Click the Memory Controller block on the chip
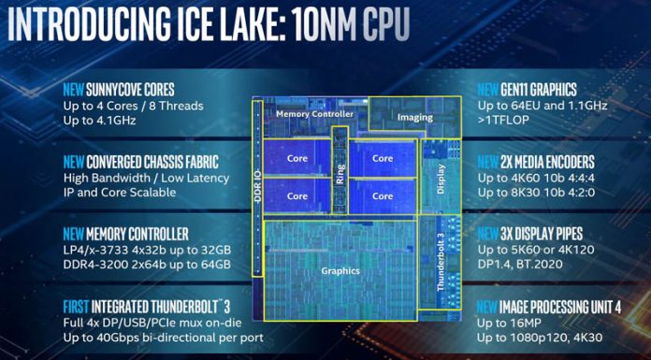pyautogui.click(x=314, y=113)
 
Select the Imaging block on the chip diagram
pyautogui.click(x=414, y=118)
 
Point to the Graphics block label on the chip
pyautogui.click(x=340, y=271)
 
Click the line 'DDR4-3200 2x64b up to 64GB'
pyautogui.click(x=146, y=265)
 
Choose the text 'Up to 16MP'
pyautogui.click(x=513, y=322)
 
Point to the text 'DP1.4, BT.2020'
pyautogui.click(x=527, y=265)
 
